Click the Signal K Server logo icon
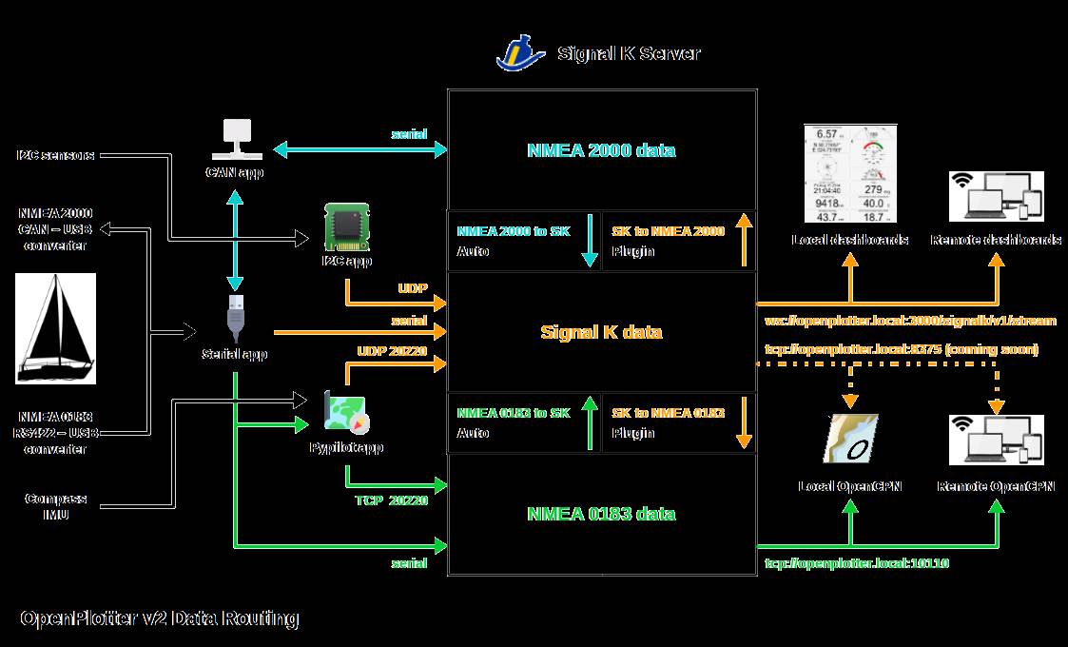[x=520, y=52]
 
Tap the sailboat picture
[x=56, y=328]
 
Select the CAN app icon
[x=235, y=139]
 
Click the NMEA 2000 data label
[x=601, y=150]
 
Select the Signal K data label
[x=601, y=332]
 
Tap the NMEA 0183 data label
[x=601, y=514]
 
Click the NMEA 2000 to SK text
[x=514, y=230]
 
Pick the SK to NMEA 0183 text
[x=668, y=412]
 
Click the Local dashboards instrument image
[x=849, y=174]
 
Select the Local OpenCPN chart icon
[x=849, y=440]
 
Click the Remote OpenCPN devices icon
[x=997, y=440]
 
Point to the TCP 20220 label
[x=391, y=500]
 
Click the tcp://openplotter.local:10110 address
[x=857, y=563]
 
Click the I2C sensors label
[x=56, y=154]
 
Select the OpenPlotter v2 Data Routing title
[x=160, y=618]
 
